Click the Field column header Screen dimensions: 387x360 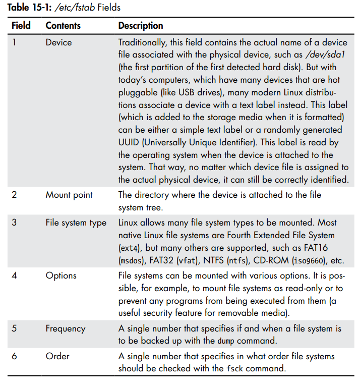21,25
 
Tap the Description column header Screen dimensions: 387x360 141,25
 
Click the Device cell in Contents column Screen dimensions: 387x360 58,42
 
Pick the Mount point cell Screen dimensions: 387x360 69,194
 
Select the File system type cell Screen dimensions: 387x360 76,223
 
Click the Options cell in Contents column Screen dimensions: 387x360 61,275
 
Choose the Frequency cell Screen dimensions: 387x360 65,328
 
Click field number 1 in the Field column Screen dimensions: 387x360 14,42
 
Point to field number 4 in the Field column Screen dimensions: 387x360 14,275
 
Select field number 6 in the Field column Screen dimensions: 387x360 14,357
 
